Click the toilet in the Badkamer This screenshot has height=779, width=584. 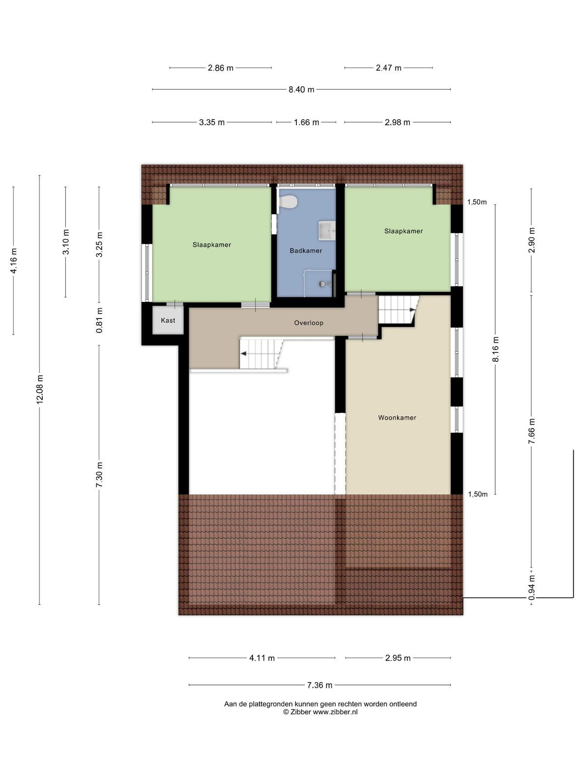pyautogui.click(x=288, y=202)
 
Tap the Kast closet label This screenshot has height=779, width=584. pyautogui.click(x=168, y=320)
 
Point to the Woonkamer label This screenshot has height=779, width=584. pyautogui.click(x=397, y=418)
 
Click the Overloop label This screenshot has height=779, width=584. pyautogui.click(x=309, y=323)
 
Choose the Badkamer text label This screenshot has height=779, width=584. pyautogui.click(x=306, y=251)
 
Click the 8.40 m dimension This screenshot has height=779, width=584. pyautogui.click(x=301, y=90)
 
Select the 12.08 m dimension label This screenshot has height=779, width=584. pyautogui.click(x=39, y=389)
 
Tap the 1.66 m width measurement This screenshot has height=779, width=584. pyautogui.click(x=307, y=122)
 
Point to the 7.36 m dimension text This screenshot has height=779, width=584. pyautogui.click(x=320, y=685)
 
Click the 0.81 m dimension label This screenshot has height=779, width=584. pyautogui.click(x=99, y=320)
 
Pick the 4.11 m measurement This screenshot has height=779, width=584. pyautogui.click(x=262, y=658)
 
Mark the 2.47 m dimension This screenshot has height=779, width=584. pyautogui.click(x=389, y=68)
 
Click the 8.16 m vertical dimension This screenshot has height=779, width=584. pyautogui.click(x=496, y=349)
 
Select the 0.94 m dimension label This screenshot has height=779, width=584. pyautogui.click(x=531, y=588)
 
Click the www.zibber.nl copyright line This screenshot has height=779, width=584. pyautogui.click(x=320, y=712)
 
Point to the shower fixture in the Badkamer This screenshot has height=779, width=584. pyautogui.click(x=325, y=283)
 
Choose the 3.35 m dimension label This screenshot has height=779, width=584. pyautogui.click(x=212, y=122)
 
